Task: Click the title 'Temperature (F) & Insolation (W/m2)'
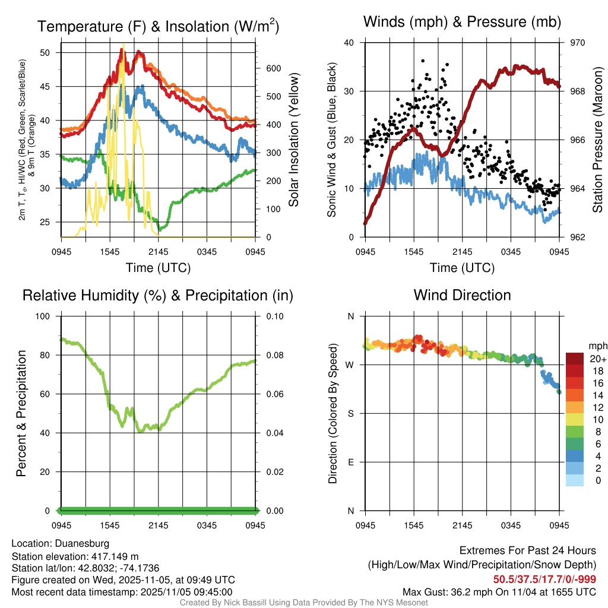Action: (158, 27)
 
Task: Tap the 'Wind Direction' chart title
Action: (462, 294)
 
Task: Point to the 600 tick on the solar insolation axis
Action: (273, 68)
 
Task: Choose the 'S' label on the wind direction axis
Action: (350, 413)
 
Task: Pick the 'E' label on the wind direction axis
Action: (350, 462)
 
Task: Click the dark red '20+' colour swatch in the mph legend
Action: (576, 359)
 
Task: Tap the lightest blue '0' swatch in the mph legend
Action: (576, 481)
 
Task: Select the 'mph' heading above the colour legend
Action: (597, 346)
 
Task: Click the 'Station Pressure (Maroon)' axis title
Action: (598, 140)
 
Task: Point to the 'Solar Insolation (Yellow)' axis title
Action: (293, 140)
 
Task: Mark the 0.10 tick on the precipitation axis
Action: (275, 316)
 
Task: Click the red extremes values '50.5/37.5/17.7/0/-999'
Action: (544, 579)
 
